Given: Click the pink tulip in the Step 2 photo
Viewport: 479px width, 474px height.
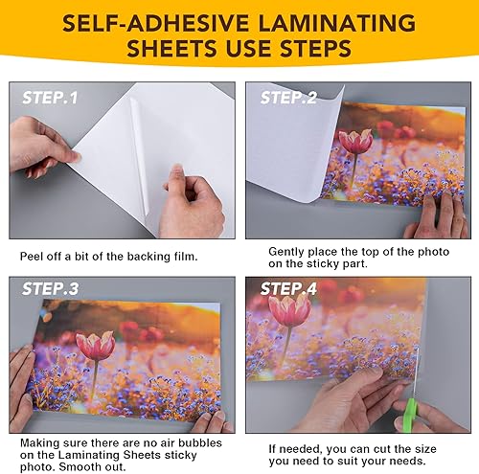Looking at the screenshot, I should click(x=355, y=142).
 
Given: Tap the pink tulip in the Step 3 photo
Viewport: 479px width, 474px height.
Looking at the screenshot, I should click(x=95, y=344).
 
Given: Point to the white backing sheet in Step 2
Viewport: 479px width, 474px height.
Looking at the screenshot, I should click(x=287, y=172).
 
